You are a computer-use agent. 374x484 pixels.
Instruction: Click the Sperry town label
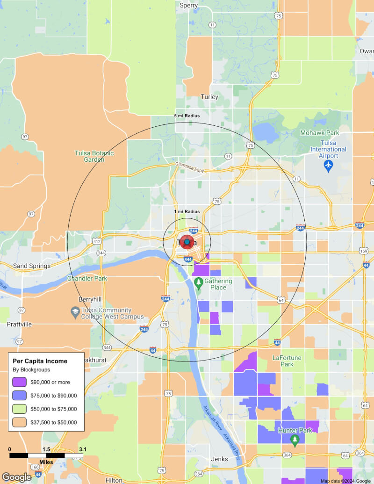tap(189, 6)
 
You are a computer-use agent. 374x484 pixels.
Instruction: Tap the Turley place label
tap(209, 97)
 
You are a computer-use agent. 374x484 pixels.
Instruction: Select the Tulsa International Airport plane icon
tap(329, 166)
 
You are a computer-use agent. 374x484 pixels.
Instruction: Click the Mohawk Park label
tap(319, 133)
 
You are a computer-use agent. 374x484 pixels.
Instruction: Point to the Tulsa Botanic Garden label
tap(94, 156)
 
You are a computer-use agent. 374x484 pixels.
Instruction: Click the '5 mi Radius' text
tap(187, 116)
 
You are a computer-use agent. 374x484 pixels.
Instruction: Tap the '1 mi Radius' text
tap(187, 211)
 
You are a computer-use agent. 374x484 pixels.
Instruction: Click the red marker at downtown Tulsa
tap(187, 242)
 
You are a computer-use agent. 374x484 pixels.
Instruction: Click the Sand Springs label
tap(32, 266)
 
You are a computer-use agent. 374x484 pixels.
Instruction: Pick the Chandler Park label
tap(87, 278)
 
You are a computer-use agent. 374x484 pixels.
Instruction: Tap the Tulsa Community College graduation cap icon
tap(75, 311)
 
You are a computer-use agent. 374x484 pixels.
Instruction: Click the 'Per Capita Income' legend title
tap(40, 361)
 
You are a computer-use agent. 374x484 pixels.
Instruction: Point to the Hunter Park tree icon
tap(295, 440)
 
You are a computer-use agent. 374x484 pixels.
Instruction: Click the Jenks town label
tap(219, 459)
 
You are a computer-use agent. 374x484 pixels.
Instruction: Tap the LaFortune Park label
tap(287, 361)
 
